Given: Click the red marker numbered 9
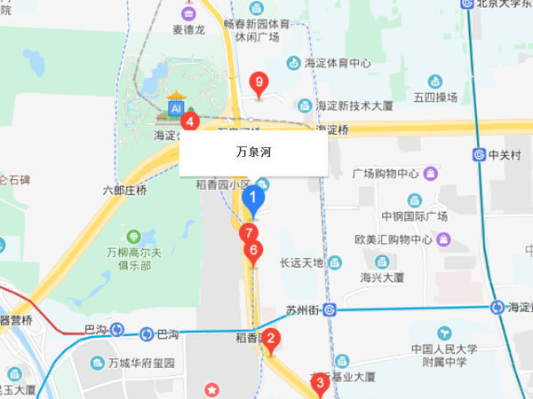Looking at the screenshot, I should [x=259, y=84].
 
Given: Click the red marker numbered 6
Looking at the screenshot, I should [x=253, y=251].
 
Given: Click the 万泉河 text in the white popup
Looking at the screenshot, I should [x=253, y=152].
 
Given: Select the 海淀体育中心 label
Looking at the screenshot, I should [x=338, y=63].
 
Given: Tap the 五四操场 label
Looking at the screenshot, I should [x=434, y=97].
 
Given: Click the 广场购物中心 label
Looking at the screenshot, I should [x=386, y=173].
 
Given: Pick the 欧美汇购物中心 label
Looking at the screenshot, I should [x=393, y=239].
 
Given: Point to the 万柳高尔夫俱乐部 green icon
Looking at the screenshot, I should [x=133, y=237].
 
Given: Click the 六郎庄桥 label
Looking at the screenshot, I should [x=124, y=190].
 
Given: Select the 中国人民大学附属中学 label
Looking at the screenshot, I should [x=445, y=355].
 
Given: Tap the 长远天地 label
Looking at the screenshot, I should [x=301, y=262].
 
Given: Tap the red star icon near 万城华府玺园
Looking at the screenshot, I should [x=211, y=389].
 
